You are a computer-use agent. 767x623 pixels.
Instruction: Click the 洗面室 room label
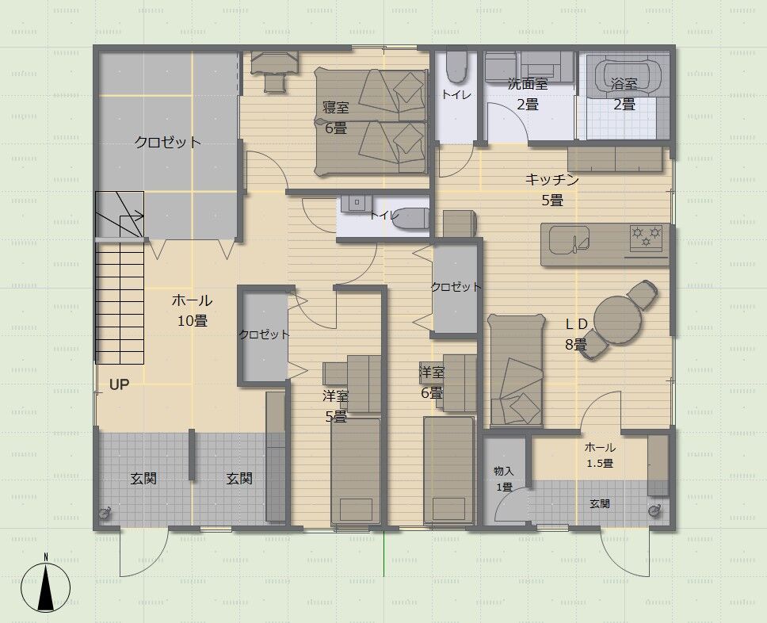pos(528,84)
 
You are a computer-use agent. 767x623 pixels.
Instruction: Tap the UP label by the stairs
pos(120,384)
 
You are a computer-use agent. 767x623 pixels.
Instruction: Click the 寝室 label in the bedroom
pos(336,107)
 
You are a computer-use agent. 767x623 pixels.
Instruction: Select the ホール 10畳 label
pos(193,310)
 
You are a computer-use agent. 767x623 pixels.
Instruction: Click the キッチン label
pos(552,180)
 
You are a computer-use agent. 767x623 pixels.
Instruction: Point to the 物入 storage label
pos(503,471)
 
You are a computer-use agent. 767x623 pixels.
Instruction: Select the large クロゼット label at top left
pos(168,143)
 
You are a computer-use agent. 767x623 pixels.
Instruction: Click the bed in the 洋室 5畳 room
pos(356,472)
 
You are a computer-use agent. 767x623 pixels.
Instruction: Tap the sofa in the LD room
pos(517,370)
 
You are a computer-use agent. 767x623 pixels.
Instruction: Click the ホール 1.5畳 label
pos(600,455)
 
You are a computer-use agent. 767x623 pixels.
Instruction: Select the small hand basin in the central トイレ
pos(357,203)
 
